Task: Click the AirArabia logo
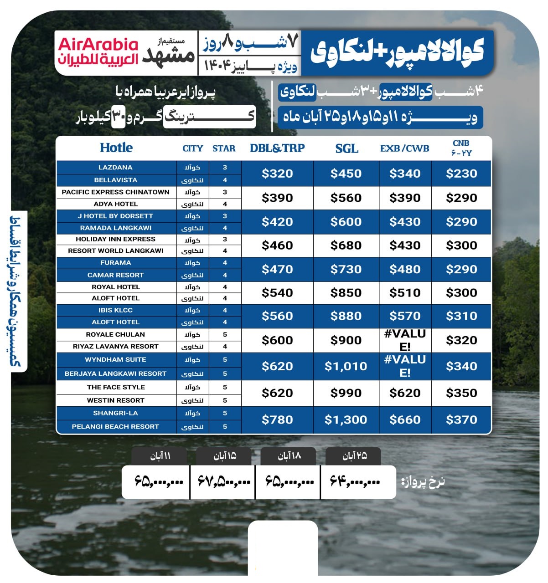click(98, 51)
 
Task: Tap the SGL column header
click(346, 148)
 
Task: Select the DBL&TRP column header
click(277, 148)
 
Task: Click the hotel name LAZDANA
click(115, 167)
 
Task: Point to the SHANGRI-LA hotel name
click(115, 413)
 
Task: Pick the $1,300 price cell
click(346, 419)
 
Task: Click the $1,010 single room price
click(346, 366)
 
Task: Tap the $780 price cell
click(277, 419)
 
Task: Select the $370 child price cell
click(461, 419)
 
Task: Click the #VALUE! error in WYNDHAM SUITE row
click(405, 366)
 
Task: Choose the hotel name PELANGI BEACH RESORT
click(115, 427)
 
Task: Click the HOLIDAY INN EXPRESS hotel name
click(115, 239)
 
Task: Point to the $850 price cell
click(346, 292)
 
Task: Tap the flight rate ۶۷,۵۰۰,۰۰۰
click(224, 481)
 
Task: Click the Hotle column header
click(116, 148)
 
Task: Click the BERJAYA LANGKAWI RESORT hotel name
click(115, 373)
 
